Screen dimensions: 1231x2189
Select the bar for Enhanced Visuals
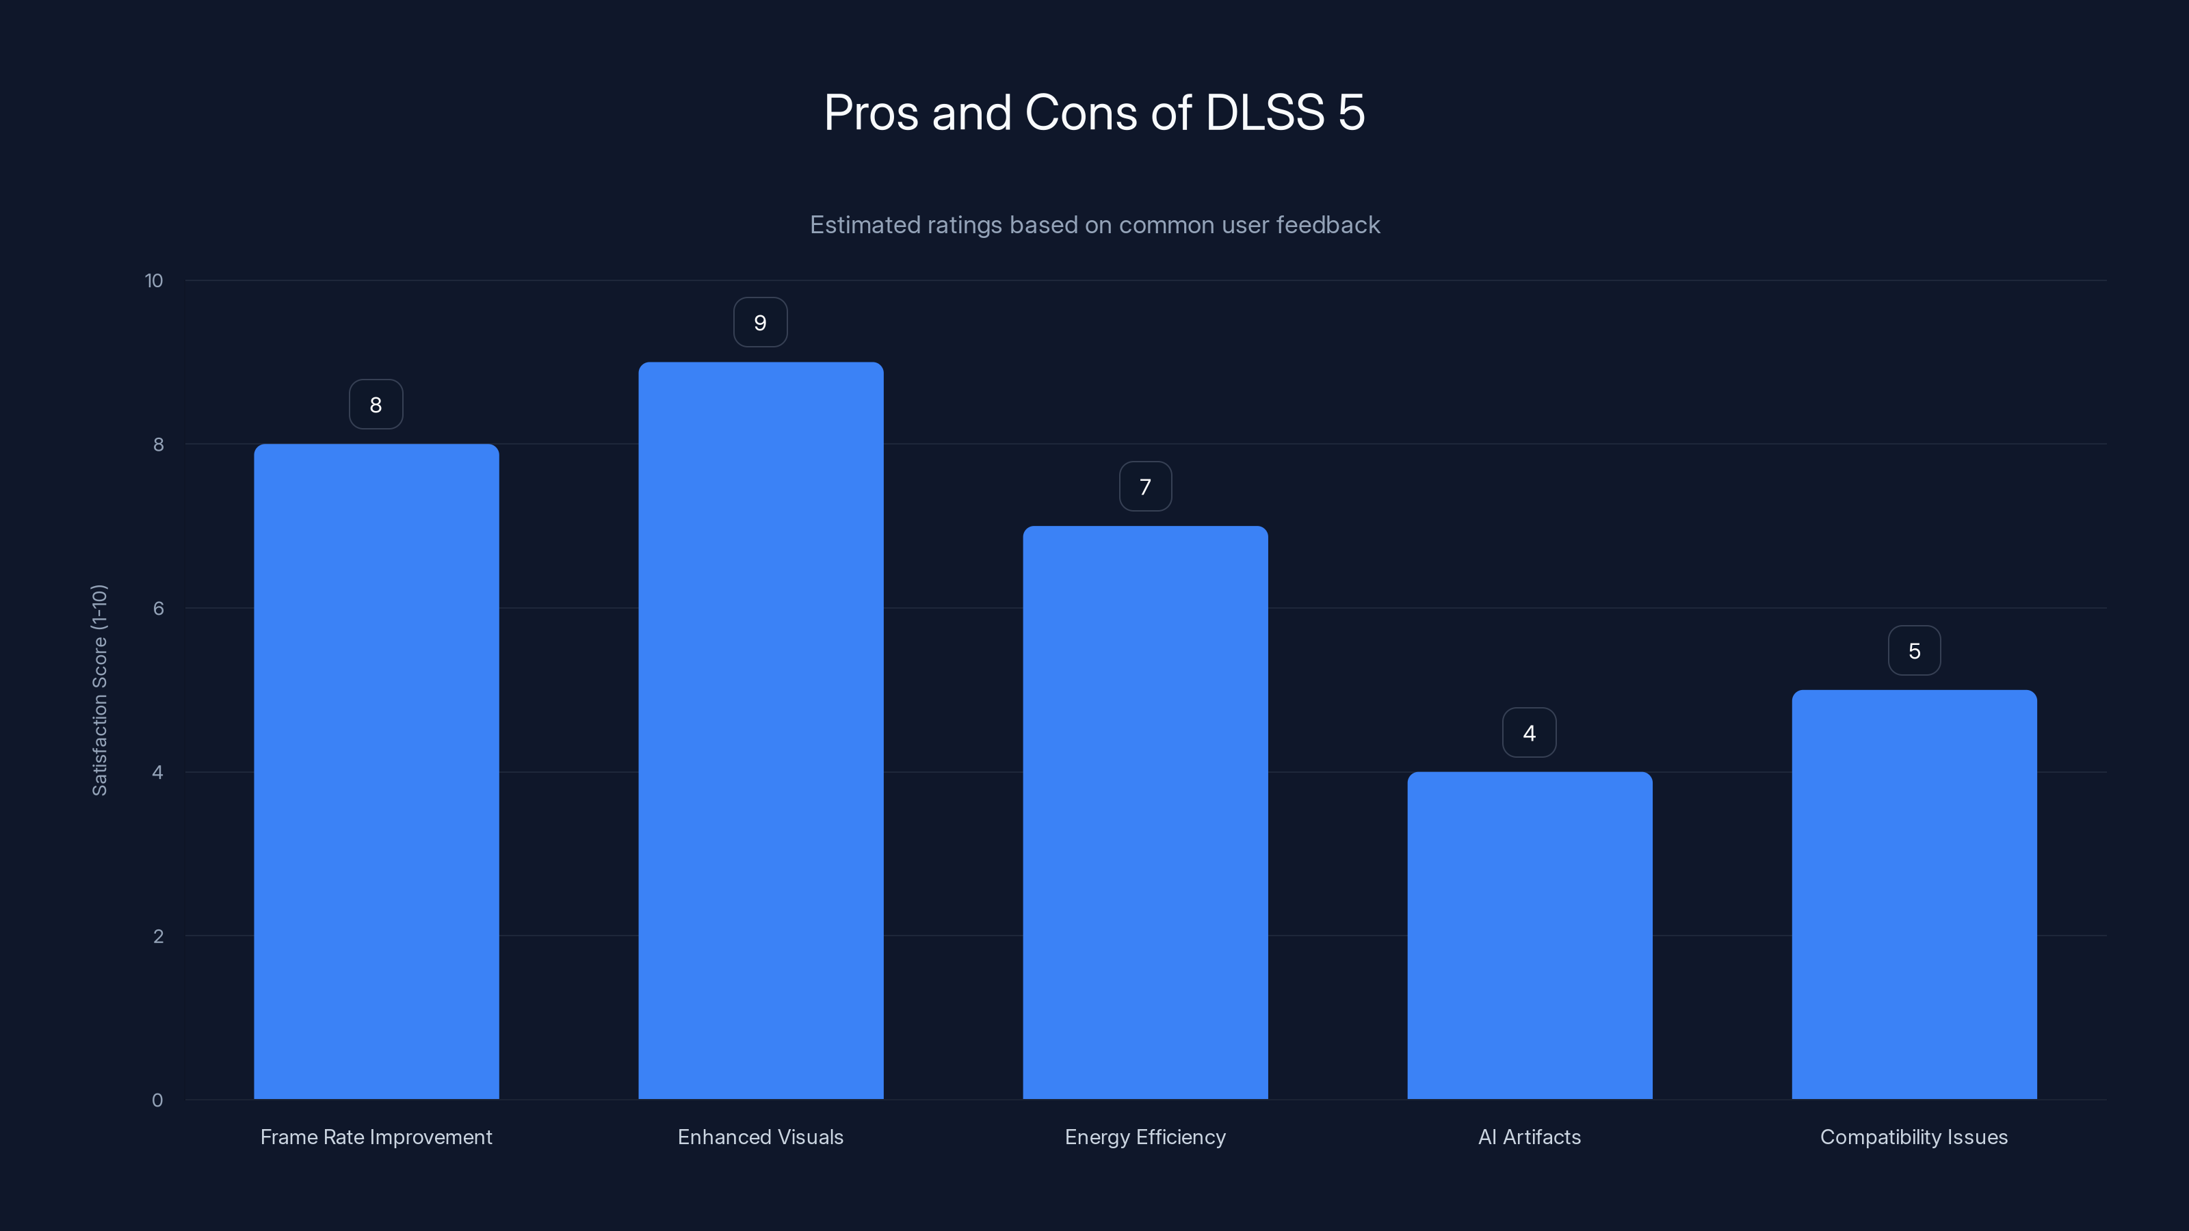(x=761, y=730)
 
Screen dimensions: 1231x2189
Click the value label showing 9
(x=761, y=323)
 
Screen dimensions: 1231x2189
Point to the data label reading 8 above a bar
(x=376, y=404)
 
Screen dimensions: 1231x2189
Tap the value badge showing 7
(x=1144, y=487)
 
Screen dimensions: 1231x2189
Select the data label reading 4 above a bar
(x=1530, y=733)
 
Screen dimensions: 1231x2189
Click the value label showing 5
(x=1914, y=651)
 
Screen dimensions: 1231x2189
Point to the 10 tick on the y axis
(x=154, y=280)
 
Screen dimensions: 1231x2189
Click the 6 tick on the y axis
(x=158, y=608)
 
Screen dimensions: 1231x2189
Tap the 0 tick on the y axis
(x=157, y=1100)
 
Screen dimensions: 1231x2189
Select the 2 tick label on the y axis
(x=158, y=936)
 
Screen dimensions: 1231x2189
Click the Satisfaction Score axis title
(x=99, y=690)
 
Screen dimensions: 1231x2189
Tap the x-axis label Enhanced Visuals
(x=761, y=1137)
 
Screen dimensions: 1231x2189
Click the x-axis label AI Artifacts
(x=1530, y=1137)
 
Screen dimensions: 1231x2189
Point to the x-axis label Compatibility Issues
(x=1914, y=1137)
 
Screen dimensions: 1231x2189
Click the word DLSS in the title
(x=1264, y=112)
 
